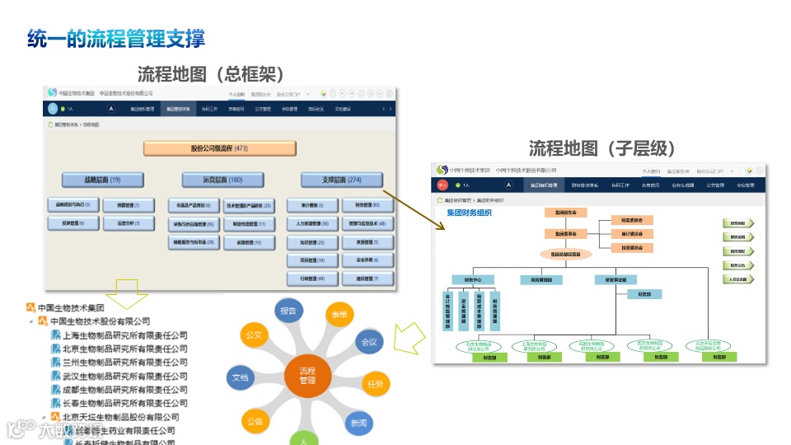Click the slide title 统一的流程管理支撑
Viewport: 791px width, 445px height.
pyautogui.click(x=116, y=38)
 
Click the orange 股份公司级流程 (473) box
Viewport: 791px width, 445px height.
pyautogui.click(x=219, y=148)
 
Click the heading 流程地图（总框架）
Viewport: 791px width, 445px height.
pyautogui.click(x=210, y=74)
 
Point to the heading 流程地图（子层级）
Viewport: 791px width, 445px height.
pyautogui.click(x=601, y=148)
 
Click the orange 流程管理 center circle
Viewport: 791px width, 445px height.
pyautogui.click(x=307, y=376)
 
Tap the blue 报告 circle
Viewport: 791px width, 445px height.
pyautogui.click(x=288, y=311)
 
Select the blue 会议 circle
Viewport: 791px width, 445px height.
pyautogui.click(x=368, y=341)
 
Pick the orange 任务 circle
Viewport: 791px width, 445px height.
pyautogui.click(x=376, y=383)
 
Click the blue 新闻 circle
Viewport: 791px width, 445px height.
pyautogui.click(x=358, y=423)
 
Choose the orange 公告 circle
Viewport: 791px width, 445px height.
pyautogui.click(x=255, y=421)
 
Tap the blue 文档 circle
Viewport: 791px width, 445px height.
pyautogui.click(x=239, y=377)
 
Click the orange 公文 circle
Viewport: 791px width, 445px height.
pyautogui.click(x=253, y=335)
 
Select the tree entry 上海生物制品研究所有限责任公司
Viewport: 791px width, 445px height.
pyautogui.click(x=124, y=335)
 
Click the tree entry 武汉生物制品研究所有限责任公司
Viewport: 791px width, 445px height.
pyautogui.click(x=124, y=376)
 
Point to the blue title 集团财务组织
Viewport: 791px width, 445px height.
pyautogui.click(x=468, y=213)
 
